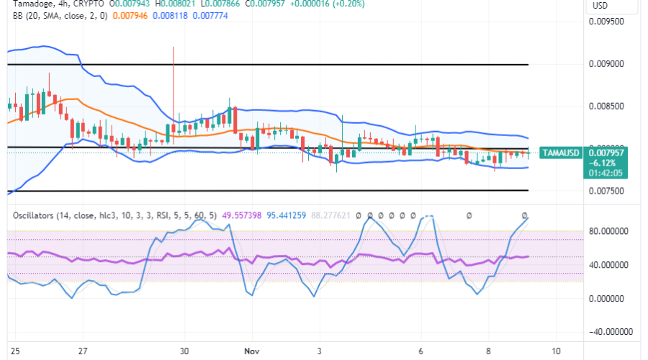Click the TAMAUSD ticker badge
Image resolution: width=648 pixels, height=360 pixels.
point(560,153)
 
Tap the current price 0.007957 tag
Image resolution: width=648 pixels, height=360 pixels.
point(606,152)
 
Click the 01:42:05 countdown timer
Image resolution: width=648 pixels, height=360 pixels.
point(606,173)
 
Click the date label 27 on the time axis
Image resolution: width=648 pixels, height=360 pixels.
point(84,351)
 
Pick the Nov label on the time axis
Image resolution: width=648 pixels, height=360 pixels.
point(248,351)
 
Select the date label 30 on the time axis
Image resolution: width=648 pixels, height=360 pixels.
point(185,351)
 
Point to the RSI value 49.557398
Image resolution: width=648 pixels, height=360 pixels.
point(243,215)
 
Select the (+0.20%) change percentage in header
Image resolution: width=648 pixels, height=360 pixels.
point(348,4)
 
